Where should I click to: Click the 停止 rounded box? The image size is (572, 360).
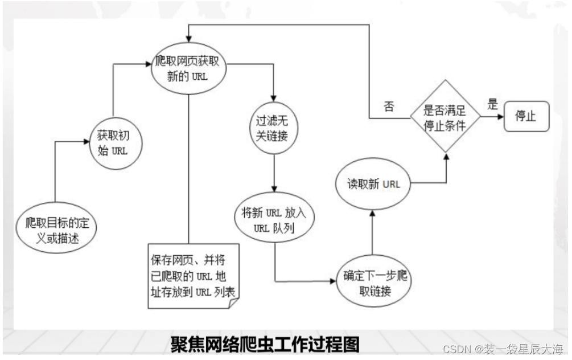coord(525,117)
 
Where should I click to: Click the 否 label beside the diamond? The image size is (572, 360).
coord(389,107)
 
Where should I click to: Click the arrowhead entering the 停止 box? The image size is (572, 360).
coord(501,117)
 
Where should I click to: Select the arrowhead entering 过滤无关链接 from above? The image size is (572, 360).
coord(275,100)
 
